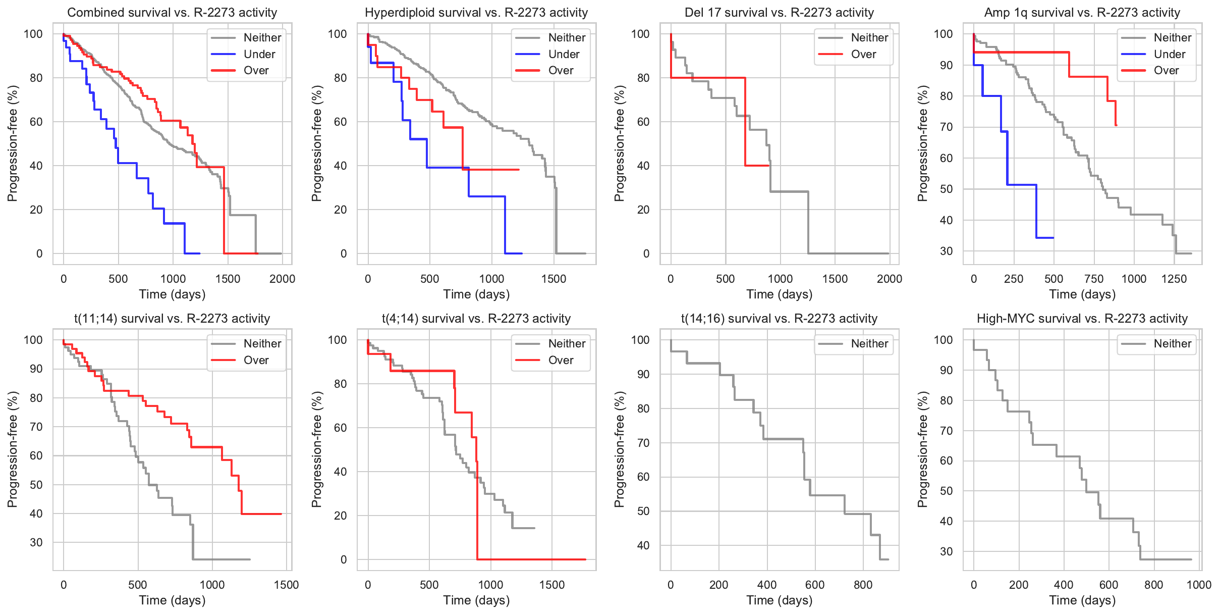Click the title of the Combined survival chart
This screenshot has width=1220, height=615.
click(x=172, y=13)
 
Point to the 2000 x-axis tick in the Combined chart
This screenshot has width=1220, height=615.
click(x=282, y=279)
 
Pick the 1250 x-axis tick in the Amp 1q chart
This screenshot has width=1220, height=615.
click(x=1174, y=279)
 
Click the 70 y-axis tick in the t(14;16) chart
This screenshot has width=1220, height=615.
click(x=643, y=443)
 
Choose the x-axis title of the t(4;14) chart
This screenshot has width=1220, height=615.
click(x=476, y=600)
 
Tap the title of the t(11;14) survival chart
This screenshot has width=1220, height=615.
click(x=172, y=319)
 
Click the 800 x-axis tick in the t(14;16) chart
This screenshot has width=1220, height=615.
click(x=863, y=585)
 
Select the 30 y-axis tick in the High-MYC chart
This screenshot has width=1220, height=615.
click(x=946, y=551)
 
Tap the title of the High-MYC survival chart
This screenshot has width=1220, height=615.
click(x=1082, y=319)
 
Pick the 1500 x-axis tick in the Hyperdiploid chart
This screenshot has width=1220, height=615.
click(x=553, y=279)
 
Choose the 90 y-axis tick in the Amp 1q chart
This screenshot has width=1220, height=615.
click(x=946, y=65)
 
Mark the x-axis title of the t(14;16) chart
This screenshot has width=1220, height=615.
click(x=780, y=600)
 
